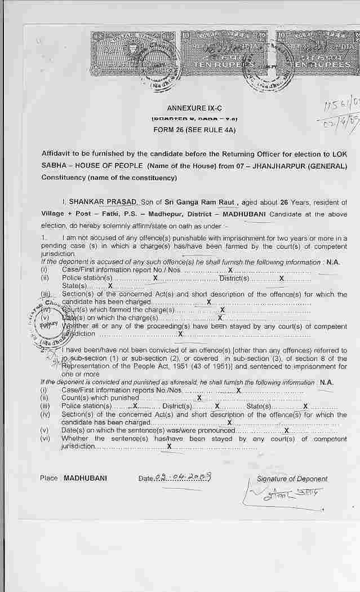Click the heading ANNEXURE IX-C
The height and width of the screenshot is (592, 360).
point(194,108)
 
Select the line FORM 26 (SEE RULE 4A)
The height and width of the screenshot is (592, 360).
point(194,130)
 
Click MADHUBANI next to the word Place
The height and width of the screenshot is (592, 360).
point(85,478)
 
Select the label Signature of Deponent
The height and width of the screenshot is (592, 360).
point(292,479)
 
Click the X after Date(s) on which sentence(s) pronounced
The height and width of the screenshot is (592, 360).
point(287,431)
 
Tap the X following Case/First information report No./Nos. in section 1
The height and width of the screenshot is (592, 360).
point(230,270)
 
